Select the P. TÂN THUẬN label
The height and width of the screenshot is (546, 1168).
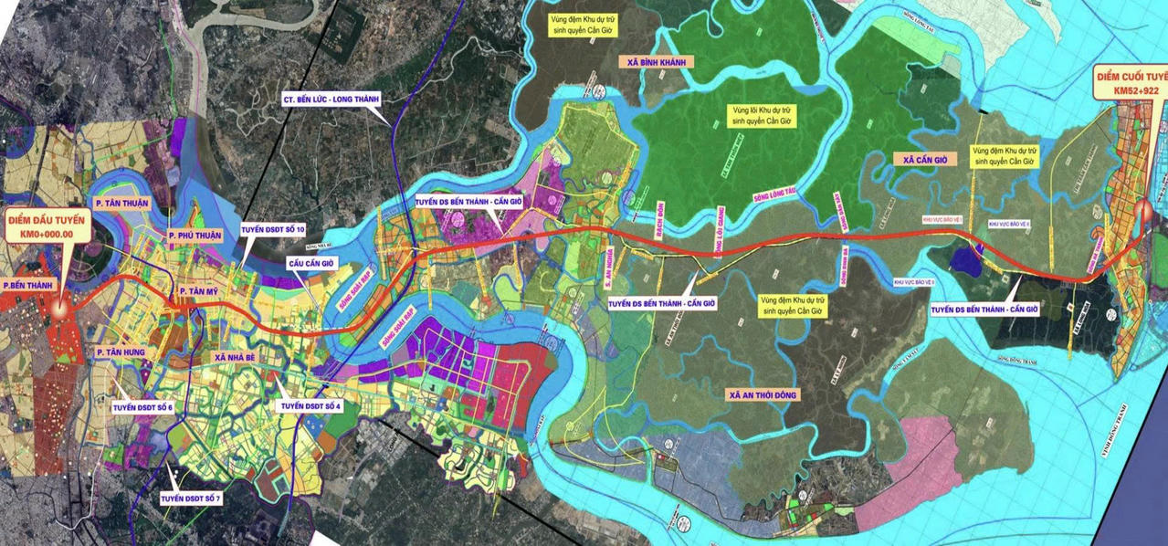coord(121,203)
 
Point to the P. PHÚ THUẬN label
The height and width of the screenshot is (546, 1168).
coord(195,236)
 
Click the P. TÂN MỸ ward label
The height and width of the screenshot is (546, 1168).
coord(202,290)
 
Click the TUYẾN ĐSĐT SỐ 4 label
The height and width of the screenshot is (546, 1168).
coord(311,405)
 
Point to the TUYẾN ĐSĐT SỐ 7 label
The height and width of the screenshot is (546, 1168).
coord(191,499)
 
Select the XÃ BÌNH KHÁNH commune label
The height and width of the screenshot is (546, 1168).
coord(657,62)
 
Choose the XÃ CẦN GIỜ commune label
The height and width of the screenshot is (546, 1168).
coord(920,159)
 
